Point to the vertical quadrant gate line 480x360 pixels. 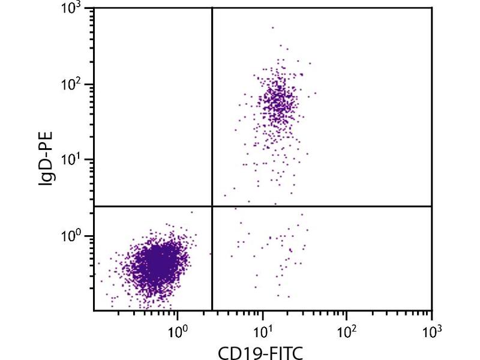tap(212, 120)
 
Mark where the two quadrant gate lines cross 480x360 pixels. tap(212, 206)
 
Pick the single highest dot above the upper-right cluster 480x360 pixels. tap(272, 27)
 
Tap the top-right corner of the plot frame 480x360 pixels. tap(431, 8)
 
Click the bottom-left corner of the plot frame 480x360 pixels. tap(94, 310)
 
